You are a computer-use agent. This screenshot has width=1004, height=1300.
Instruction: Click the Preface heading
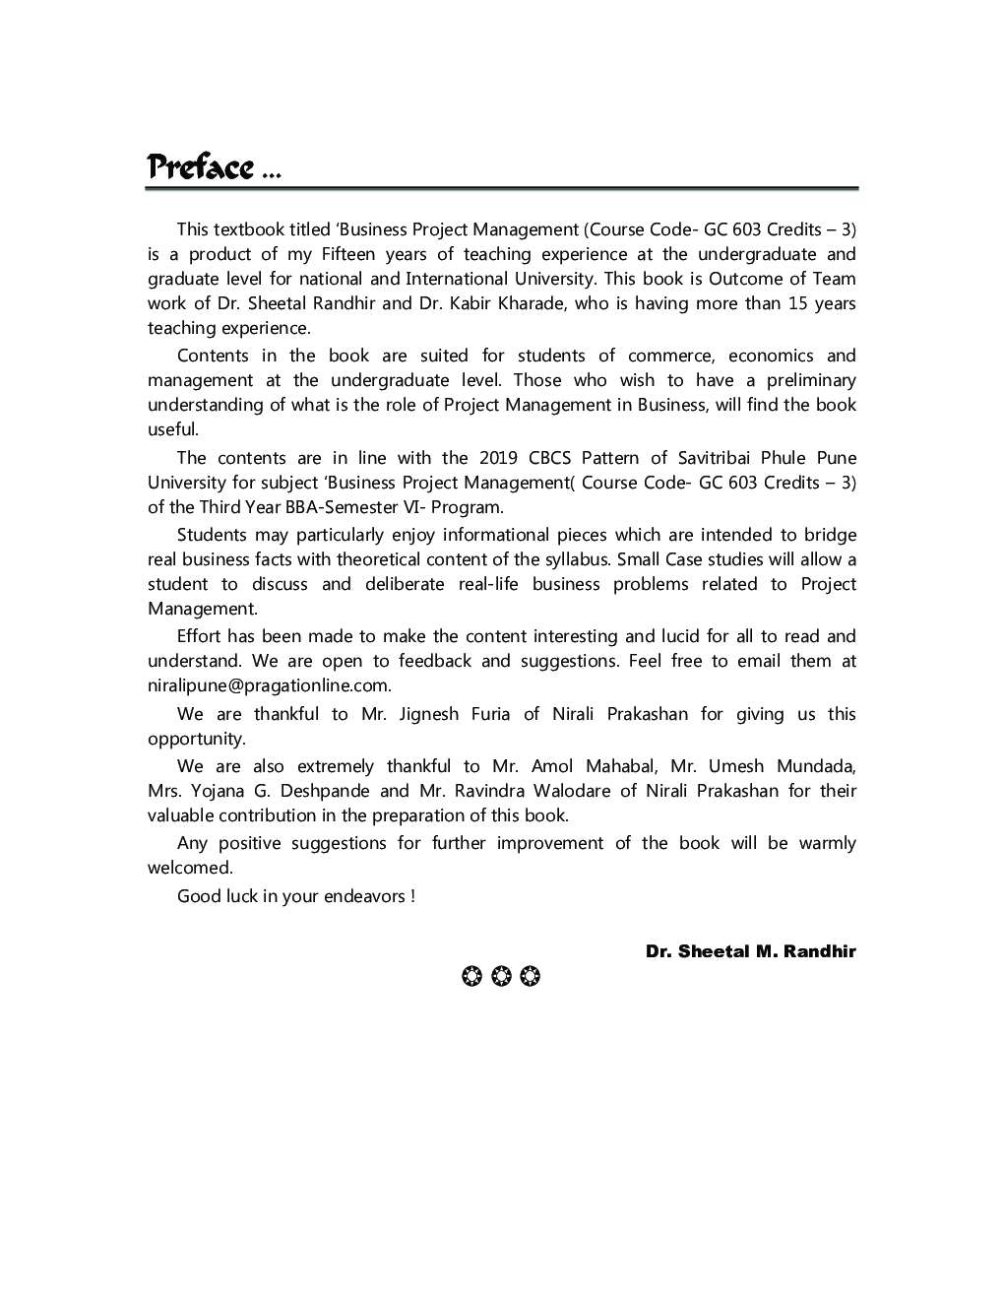(201, 167)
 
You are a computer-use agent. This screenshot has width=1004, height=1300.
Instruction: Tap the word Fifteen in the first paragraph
(345, 254)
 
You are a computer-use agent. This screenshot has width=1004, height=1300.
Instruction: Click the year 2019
(498, 458)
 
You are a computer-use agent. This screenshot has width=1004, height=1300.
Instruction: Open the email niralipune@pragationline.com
(270, 685)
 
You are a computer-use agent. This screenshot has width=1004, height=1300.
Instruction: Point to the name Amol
(551, 766)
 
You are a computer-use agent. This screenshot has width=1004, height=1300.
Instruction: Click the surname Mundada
(816, 766)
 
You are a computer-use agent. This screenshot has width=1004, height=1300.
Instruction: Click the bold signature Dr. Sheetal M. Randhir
(750, 951)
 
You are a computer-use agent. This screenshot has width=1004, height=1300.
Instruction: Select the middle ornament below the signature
(500, 977)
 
